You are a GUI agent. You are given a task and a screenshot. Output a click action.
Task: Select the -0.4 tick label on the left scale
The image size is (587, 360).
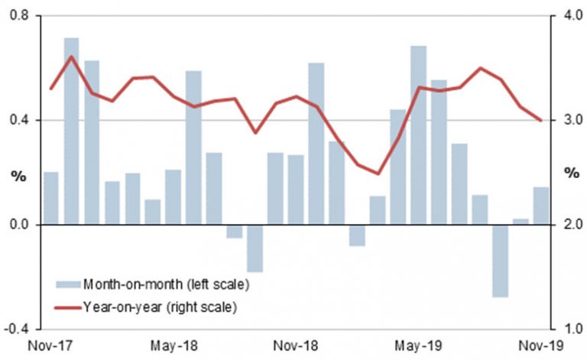(x=15, y=329)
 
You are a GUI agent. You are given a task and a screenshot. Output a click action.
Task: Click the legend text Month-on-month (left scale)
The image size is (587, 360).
(x=166, y=284)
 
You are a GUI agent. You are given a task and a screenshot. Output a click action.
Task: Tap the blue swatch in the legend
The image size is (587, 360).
(x=66, y=284)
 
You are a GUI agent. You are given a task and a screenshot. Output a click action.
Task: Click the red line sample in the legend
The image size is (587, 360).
(x=66, y=307)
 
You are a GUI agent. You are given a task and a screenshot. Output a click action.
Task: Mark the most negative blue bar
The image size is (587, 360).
(x=500, y=261)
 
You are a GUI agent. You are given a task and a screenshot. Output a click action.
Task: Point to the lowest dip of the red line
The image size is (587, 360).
(x=378, y=174)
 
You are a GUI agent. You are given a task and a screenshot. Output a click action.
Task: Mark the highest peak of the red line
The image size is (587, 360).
(x=71, y=57)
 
